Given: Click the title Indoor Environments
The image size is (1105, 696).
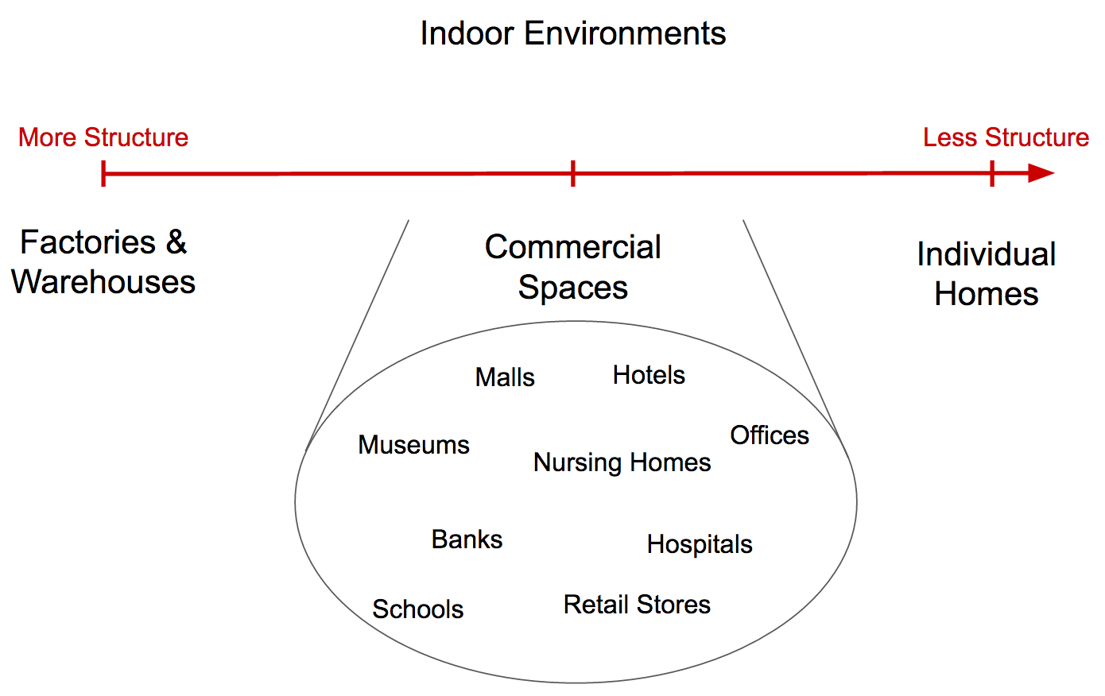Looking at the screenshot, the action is click(x=572, y=33).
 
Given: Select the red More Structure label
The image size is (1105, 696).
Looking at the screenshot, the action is click(x=103, y=137).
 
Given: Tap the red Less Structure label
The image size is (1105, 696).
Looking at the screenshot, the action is click(x=1006, y=137).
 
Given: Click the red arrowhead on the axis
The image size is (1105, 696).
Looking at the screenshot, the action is click(x=1041, y=173).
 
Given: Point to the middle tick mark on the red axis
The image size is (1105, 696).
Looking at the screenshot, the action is click(x=572, y=173).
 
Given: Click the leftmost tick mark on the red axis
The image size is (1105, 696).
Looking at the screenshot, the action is click(x=103, y=173).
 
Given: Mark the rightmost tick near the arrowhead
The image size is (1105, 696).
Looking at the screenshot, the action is click(x=992, y=173).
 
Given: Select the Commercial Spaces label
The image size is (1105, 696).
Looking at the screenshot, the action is click(x=572, y=267).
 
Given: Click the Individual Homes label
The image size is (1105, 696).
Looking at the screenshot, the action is click(x=987, y=274).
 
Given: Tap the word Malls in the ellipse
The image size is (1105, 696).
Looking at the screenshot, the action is click(x=505, y=377).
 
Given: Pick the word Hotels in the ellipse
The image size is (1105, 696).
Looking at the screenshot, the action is click(x=649, y=375).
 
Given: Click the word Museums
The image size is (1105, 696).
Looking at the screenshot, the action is click(x=413, y=445).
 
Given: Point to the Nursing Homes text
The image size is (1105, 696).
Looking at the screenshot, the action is click(x=622, y=463).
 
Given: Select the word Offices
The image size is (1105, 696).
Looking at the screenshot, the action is click(x=770, y=435).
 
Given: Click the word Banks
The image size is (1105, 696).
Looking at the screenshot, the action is click(x=467, y=539).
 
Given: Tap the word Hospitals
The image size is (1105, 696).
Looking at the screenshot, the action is click(x=700, y=545).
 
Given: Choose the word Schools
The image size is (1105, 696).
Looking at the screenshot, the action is click(x=418, y=609).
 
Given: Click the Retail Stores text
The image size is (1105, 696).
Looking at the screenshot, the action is click(x=637, y=605).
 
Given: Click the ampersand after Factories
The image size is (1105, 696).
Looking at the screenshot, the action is click(x=176, y=242).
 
